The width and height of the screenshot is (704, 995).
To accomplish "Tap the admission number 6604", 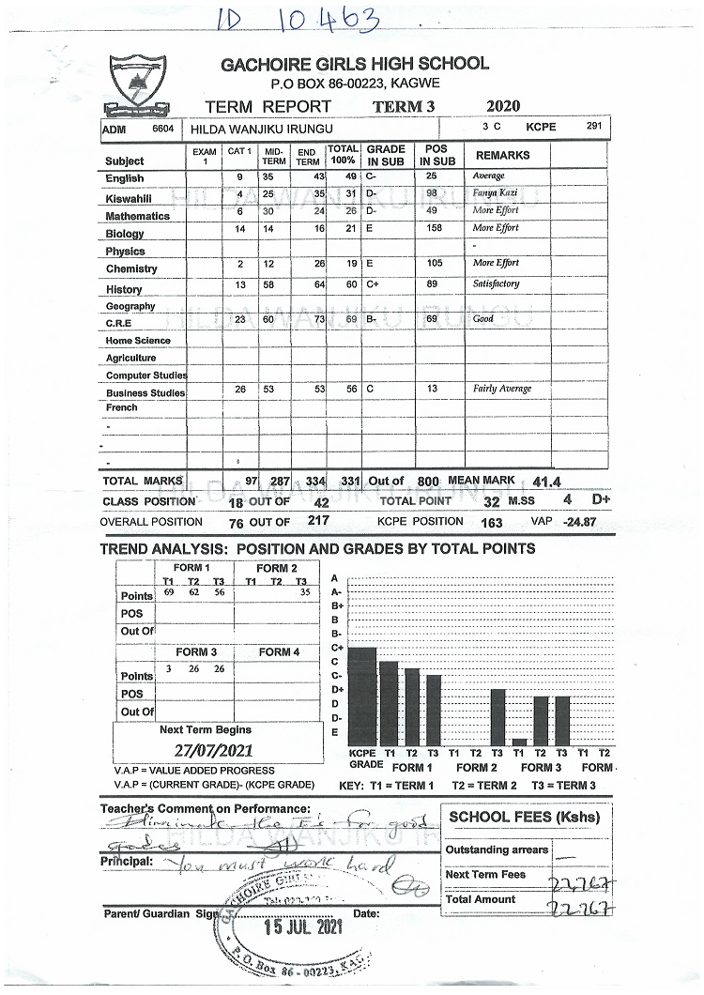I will pyautogui.click(x=163, y=128).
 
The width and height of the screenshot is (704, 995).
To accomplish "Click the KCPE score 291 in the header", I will pyautogui.click(x=594, y=125).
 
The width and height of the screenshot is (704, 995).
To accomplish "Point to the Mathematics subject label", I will pyautogui.click(x=137, y=216).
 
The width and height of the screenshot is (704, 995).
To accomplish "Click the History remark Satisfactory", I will pyautogui.click(x=496, y=283).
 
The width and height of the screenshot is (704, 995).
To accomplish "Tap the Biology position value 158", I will pyautogui.click(x=434, y=228).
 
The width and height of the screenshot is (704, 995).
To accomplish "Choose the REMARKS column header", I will pyautogui.click(x=502, y=155).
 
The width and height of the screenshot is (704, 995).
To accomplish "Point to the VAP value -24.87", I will pyautogui.click(x=578, y=522).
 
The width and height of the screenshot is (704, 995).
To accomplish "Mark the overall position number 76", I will pyautogui.click(x=236, y=522).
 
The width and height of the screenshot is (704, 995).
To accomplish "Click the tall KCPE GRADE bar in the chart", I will pyautogui.click(x=361, y=696).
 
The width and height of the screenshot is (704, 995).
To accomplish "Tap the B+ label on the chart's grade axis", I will pyautogui.click(x=335, y=606).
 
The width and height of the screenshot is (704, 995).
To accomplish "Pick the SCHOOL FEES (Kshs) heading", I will pyautogui.click(x=524, y=817).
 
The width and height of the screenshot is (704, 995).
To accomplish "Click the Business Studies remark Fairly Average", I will pyautogui.click(x=501, y=389).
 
